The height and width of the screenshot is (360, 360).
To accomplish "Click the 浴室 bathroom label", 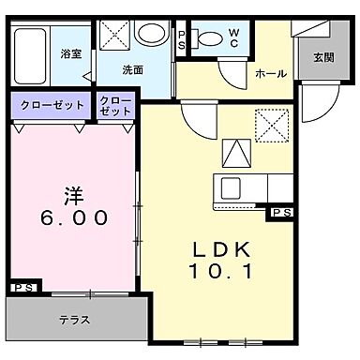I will click(x=69, y=53).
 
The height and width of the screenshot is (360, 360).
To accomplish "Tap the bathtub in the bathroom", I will click(x=33, y=54).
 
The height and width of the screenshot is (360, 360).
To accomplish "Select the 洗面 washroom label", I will click(x=132, y=69).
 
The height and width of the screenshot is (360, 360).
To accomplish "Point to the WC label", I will click(x=234, y=37).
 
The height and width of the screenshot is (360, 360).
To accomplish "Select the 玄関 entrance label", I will click(x=323, y=58).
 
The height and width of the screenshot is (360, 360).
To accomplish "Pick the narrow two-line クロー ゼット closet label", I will click(x=115, y=105).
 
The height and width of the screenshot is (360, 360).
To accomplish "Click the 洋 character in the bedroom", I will click(x=72, y=196).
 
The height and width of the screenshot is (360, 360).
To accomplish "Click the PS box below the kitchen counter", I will click(x=279, y=214).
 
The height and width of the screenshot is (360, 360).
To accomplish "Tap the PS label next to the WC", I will click(x=182, y=38).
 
